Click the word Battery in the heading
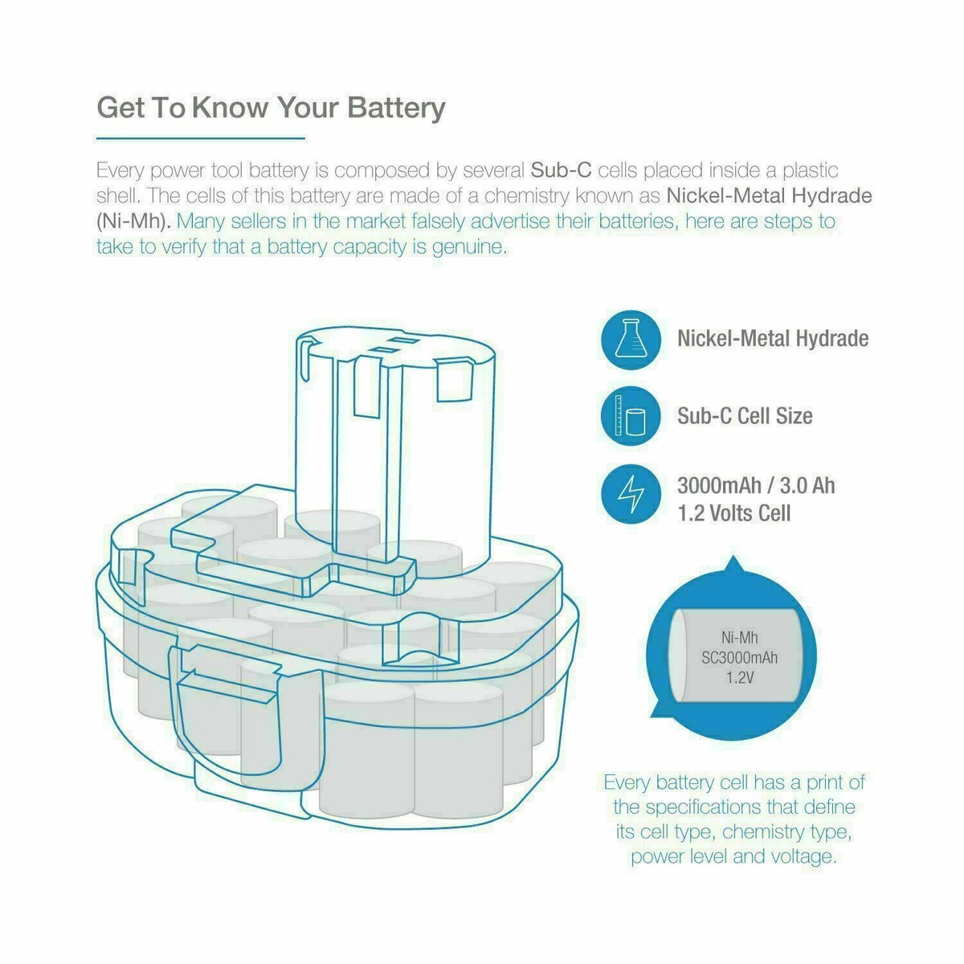pyautogui.click(x=396, y=108)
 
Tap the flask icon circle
pyautogui.click(x=631, y=340)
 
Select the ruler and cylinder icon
pyautogui.click(x=631, y=416)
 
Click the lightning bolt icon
pyautogui.click(x=631, y=494)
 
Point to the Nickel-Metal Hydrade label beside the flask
pyautogui.click(x=773, y=339)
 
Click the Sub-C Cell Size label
pyautogui.click(x=745, y=416)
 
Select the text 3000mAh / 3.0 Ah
pyautogui.click(x=756, y=486)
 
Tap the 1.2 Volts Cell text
pyautogui.click(x=734, y=513)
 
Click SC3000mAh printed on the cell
pyautogui.click(x=739, y=657)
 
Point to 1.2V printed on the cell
pyautogui.click(x=739, y=678)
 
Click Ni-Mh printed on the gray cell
pyautogui.click(x=739, y=637)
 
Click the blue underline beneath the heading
pyautogui.click(x=201, y=137)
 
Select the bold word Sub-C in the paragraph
pyautogui.click(x=561, y=170)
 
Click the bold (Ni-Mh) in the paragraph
pyautogui.click(x=133, y=221)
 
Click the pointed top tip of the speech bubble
pyautogui.click(x=733, y=556)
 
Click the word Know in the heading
pyautogui.click(x=230, y=107)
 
